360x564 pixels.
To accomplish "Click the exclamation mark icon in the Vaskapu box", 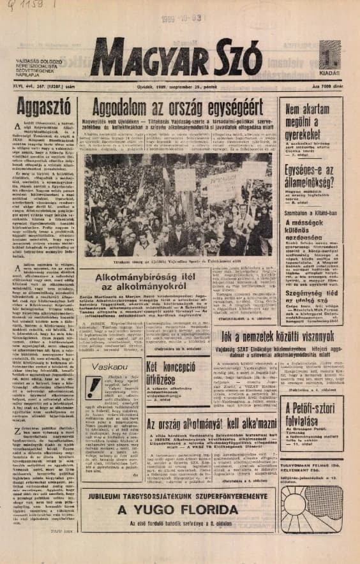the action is point(94,387).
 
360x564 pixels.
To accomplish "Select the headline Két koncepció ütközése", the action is point(169,375).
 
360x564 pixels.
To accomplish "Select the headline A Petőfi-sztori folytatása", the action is point(312,415).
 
